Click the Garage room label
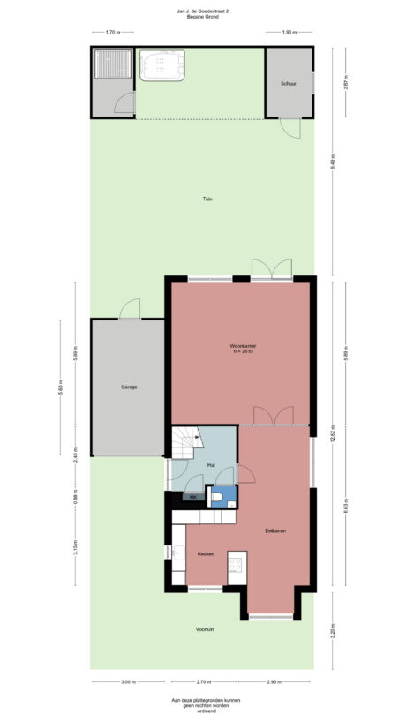click(x=129, y=387)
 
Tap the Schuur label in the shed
click(x=288, y=83)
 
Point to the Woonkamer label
click(x=241, y=345)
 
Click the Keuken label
click(x=207, y=553)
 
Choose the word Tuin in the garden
click(x=207, y=199)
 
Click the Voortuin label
click(x=206, y=629)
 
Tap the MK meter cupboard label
click(x=194, y=498)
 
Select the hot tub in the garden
click(x=161, y=65)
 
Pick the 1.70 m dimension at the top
click(x=112, y=33)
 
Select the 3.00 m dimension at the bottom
click(x=127, y=681)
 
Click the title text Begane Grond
click(x=202, y=16)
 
